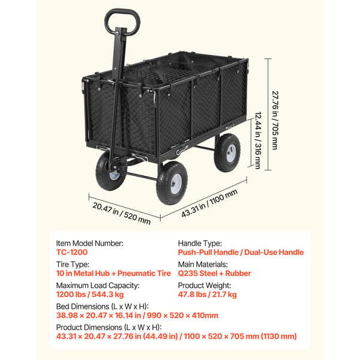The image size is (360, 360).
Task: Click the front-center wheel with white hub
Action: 172,183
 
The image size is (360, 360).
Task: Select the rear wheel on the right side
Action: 227,152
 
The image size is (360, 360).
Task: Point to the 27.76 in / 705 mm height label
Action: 275,121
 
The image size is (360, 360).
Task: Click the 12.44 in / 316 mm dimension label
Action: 258,140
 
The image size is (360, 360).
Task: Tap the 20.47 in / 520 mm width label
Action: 121,214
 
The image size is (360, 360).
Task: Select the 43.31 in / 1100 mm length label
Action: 209,203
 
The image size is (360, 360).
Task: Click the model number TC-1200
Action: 72,253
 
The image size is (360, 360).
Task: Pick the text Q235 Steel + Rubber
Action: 214,274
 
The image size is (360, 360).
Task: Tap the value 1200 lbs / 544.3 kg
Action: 90,295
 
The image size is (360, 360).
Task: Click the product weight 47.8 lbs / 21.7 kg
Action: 208,295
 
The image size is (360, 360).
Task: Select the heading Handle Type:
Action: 200,244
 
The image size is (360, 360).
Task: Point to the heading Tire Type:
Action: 73,265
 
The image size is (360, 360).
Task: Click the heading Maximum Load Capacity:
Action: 98,286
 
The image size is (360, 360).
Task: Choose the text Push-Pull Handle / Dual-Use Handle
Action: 241,253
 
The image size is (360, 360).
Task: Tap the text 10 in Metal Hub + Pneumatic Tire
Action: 113,274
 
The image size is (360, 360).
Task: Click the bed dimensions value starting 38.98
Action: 137,316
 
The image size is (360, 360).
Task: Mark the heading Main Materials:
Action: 203,265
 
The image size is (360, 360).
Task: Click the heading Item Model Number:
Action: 90,244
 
